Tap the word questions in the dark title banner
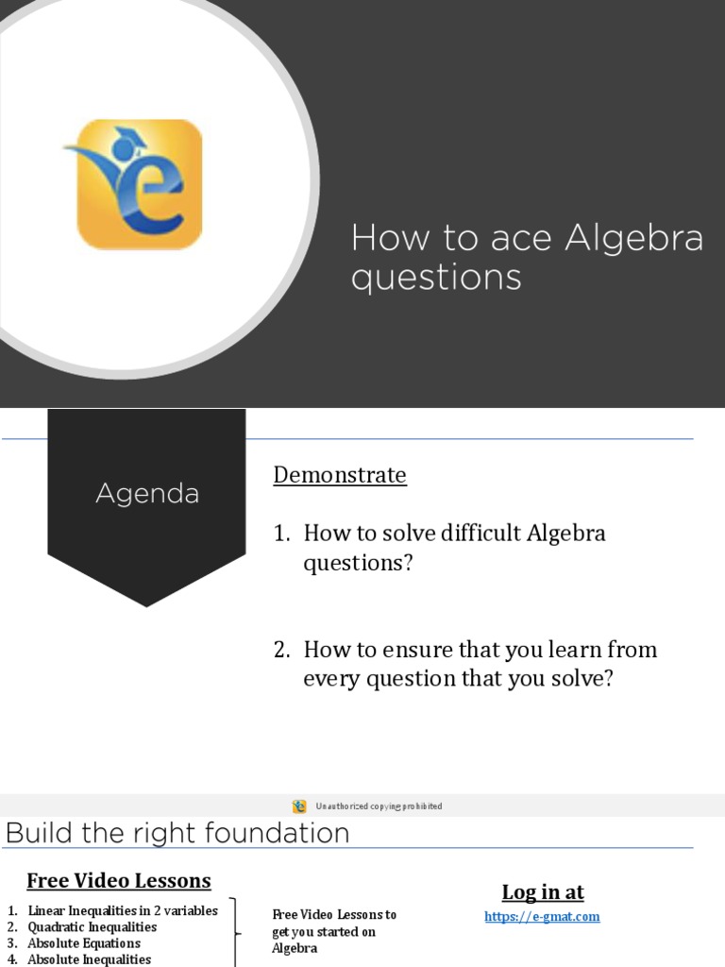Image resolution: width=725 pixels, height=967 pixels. [435, 279]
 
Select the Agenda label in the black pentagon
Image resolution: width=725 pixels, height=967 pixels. [147, 494]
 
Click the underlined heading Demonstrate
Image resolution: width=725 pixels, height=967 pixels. [340, 475]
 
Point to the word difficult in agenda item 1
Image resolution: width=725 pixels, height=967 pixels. [481, 534]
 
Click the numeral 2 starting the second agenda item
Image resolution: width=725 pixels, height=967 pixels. [280, 650]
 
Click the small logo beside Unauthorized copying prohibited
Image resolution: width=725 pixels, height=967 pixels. [299, 806]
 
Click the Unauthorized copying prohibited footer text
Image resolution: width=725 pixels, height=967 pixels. [379, 806]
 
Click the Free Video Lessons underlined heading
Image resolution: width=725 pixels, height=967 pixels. [119, 881]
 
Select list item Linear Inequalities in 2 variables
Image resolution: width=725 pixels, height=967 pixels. [123, 911]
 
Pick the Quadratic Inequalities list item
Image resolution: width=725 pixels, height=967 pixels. [93, 927]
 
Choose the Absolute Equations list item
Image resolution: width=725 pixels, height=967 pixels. [84, 943]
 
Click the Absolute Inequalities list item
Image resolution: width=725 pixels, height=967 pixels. [89, 959]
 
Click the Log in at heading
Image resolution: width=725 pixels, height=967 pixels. [543, 892]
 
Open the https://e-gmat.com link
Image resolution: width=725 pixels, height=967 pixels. [542, 917]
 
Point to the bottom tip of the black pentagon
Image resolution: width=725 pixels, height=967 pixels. [146, 605]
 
